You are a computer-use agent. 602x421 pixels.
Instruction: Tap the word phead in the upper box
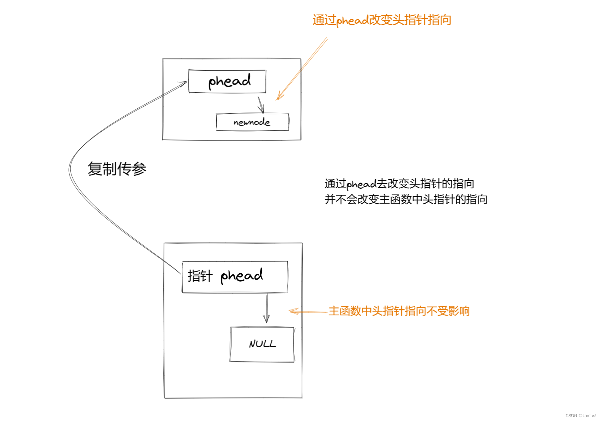[x=229, y=81]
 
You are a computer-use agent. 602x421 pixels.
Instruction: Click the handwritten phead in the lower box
[x=242, y=276]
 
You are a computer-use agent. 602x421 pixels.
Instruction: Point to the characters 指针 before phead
[x=200, y=276]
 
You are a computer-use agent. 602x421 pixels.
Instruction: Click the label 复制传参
[x=117, y=169]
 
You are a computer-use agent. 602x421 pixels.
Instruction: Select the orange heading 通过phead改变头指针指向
[x=382, y=20]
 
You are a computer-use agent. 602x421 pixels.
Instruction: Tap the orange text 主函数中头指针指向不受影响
[x=399, y=311]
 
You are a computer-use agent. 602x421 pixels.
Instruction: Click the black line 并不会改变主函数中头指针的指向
[x=406, y=199]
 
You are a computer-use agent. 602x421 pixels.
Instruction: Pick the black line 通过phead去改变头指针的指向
[x=399, y=184]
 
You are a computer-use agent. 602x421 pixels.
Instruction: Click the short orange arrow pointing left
[x=308, y=312]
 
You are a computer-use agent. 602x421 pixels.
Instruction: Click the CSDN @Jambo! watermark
[x=581, y=416]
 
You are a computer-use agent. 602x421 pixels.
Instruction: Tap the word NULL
[x=262, y=344]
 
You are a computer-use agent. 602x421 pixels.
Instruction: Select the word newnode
[x=252, y=122]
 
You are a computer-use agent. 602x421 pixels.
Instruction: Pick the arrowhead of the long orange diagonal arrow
[x=279, y=98]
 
